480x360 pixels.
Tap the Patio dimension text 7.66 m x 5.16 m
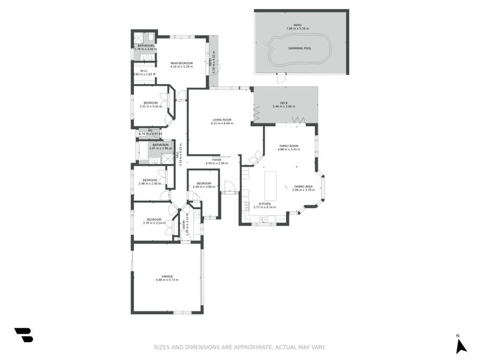tap(298, 28)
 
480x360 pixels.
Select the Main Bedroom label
tap(181, 62)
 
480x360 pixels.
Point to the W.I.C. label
tap(144, 71)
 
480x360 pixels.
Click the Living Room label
tap(222, 120)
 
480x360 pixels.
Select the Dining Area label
tap(304, 187)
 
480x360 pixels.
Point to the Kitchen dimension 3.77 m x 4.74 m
tap(265, 208)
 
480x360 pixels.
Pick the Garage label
tap(167, 277)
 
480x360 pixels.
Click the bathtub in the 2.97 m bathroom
tap(143, 152)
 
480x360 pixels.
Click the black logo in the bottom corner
tap(23, 335)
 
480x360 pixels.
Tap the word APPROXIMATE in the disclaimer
tap(245, 347)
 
